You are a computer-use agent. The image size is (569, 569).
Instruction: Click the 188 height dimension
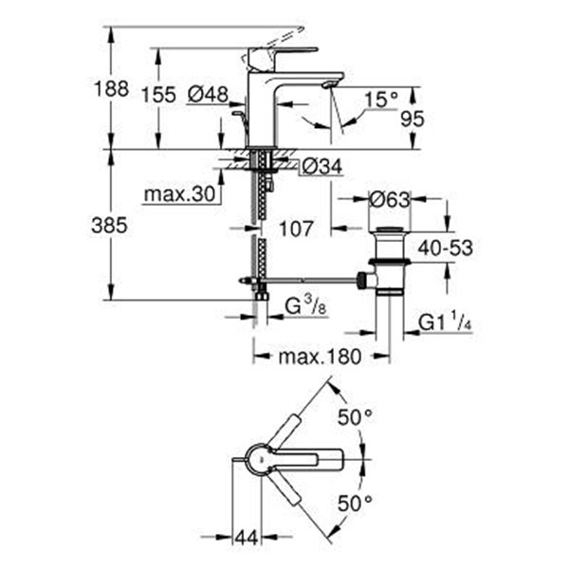[x=111, y=90]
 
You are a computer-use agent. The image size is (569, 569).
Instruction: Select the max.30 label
[x=180, y=196]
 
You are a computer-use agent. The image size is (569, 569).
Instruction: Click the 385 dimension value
[x=111, y=227]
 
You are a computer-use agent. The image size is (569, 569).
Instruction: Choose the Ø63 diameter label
[x=389, y=199]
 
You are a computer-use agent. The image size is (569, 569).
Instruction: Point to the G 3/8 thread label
[x=306, y=306]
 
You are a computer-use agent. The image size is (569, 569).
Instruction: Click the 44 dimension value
[x=246, y=538]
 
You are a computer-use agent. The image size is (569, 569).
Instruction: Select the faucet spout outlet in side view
[x=328, y=86]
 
